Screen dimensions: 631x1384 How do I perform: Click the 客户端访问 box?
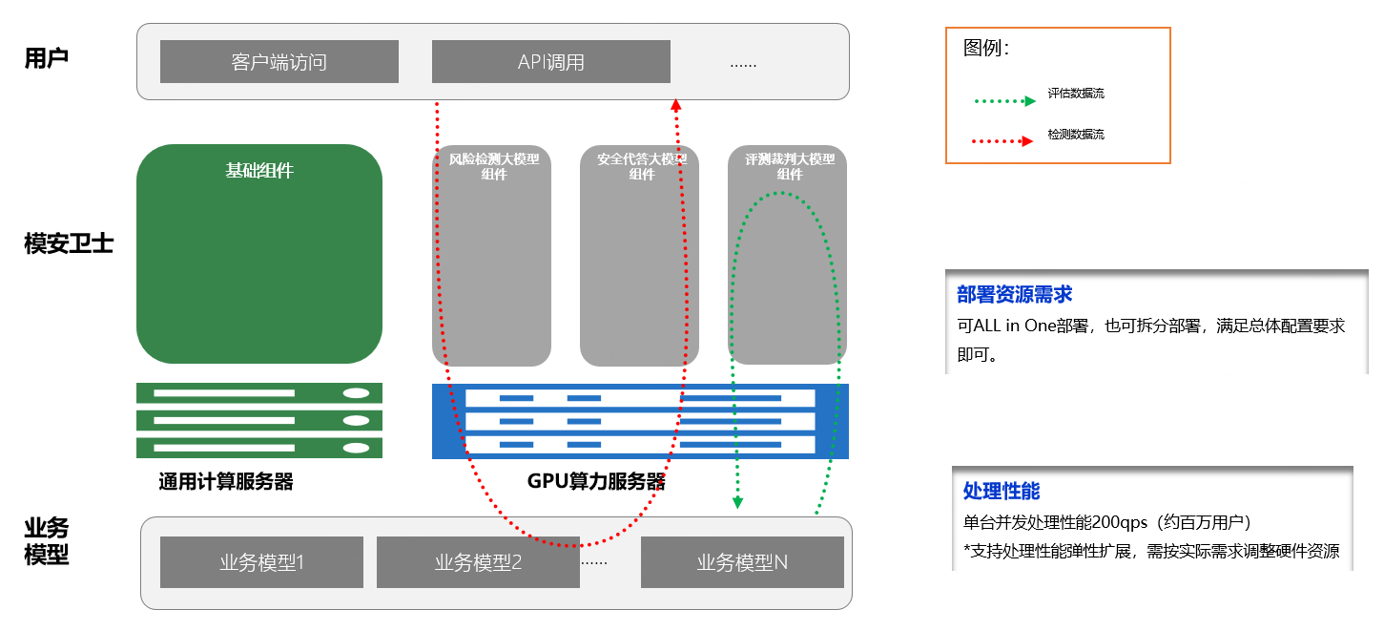point(279,62)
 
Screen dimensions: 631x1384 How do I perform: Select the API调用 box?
point(550,62)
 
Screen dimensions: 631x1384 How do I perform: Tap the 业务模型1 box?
point(261,562)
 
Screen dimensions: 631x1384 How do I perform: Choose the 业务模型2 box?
point(478,562)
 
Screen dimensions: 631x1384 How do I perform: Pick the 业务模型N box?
point(742,562)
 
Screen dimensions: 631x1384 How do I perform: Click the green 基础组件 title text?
point(259,171)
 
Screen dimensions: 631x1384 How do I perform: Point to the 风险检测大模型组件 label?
point(493,166)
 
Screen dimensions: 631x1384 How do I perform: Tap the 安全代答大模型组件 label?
point(641,166)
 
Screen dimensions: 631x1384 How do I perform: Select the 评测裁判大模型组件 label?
point(789,166)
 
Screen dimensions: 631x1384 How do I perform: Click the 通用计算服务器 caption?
point(226,482)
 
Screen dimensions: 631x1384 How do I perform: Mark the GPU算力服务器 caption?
point(596,482)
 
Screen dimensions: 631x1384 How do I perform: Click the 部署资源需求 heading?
point(1015,295)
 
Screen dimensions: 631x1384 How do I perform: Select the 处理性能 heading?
point(1002,491)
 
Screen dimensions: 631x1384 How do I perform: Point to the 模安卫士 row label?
point(69,244)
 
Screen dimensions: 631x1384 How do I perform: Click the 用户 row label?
point(47,59)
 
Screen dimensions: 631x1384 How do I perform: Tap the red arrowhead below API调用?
point(676,104)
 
